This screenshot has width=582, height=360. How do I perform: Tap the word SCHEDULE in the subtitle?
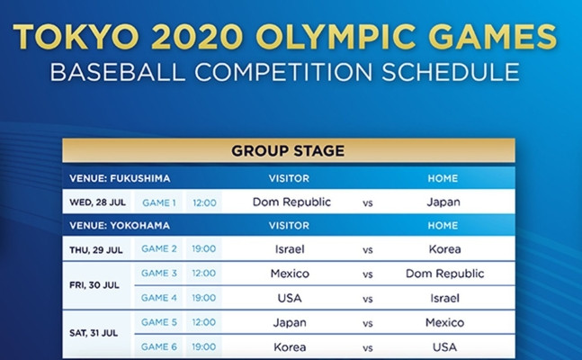[451, 72]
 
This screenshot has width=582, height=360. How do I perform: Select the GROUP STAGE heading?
[288, 151]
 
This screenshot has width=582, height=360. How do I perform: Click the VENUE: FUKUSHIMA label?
[120, 178]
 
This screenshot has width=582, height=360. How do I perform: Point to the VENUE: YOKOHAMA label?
[120, 226]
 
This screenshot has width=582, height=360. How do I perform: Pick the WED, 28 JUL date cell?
[97, 202]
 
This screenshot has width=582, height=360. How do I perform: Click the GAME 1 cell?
[159, 202]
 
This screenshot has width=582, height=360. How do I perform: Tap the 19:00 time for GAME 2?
[204, 248]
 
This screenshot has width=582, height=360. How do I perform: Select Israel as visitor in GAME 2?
[290, 249]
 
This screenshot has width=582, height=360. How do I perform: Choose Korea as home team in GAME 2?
[444, 249]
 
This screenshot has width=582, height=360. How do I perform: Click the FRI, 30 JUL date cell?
[94, 285]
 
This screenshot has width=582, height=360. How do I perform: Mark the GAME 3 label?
[159, 273]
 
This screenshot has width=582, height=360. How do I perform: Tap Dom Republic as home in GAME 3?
[444, 274]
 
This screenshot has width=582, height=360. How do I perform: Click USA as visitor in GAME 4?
[290, 298]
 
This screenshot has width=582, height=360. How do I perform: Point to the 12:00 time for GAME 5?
[204, 322]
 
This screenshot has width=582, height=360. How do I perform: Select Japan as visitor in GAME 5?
[290, 322]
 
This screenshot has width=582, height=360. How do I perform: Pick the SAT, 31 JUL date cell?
[94, 333]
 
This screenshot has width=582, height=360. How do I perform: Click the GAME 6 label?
[159, 346]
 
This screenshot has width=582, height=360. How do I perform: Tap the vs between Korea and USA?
[368, 348]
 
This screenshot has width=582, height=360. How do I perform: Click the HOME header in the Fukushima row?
[443, 178]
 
